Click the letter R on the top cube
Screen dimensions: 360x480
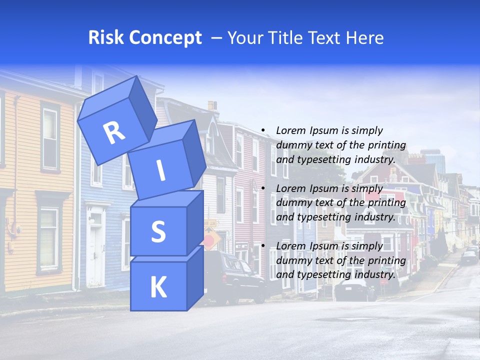click(x=114, y=132)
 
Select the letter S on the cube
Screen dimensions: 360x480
click(x=158, y=231)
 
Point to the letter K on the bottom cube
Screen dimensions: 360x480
click(x=158, y=287)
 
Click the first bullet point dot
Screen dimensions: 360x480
click(x=263, y=131)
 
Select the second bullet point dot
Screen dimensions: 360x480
click(x=263, y=189)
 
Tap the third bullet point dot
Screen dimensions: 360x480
click(x=263, y=246)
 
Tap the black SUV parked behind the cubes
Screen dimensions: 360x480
click(x=235, y=277)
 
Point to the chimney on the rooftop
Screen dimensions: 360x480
click(x=212, y=106)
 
